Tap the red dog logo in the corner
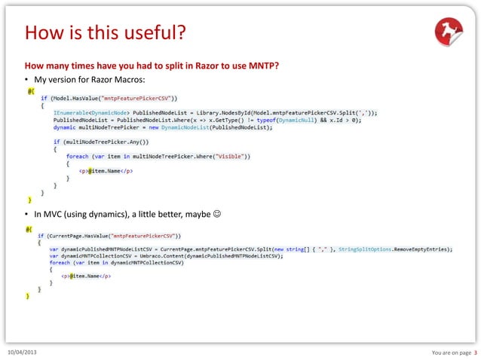449,32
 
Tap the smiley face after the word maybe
216,216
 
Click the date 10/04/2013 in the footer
25,352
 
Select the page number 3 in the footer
475,352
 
